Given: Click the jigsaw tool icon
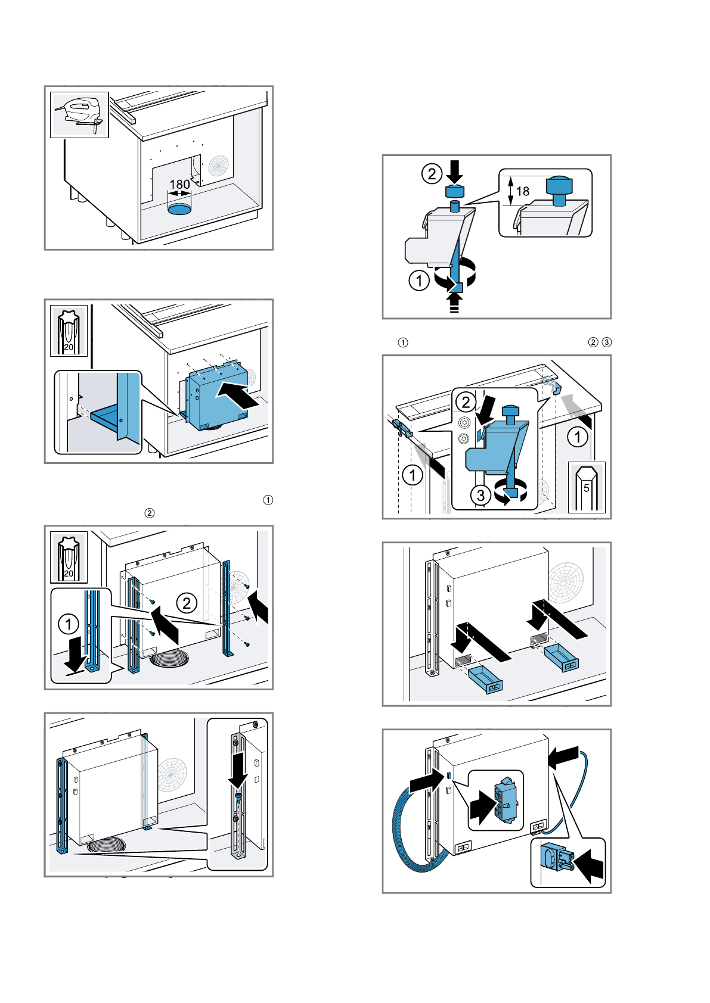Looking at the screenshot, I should pos(79,114).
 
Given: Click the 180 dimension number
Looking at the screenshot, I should pos(180,185).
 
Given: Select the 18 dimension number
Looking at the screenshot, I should pos(523,191).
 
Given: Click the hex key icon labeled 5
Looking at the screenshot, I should pos(587,487).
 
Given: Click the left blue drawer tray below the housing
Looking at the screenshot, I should pos(485,680).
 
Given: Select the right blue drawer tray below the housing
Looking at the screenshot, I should pos(562,657).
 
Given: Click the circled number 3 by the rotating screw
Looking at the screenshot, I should pos(480,495).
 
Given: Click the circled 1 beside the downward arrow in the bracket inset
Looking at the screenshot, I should pos(69,624).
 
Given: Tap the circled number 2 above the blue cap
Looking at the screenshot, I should pos(432,174).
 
